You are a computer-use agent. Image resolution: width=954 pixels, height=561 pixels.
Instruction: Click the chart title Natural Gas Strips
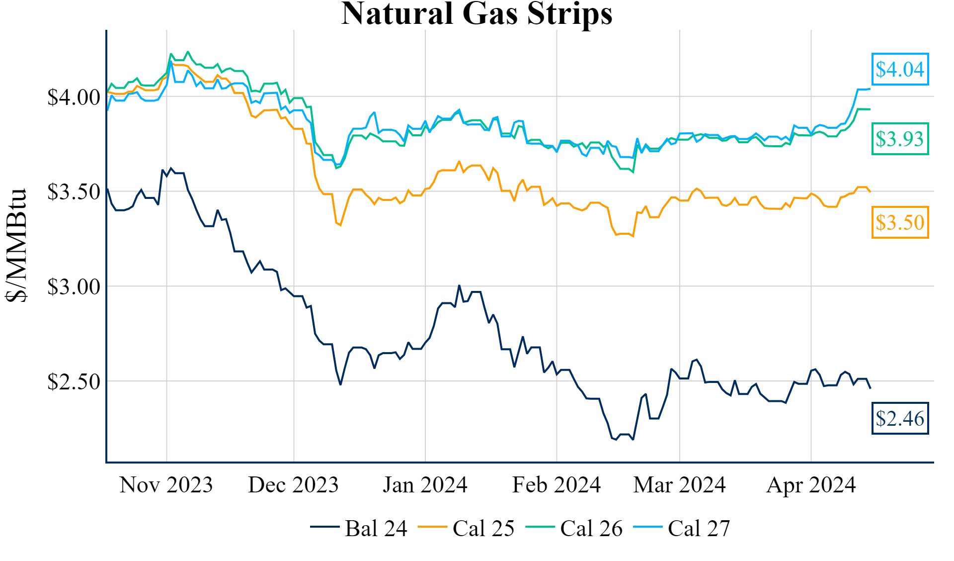coord(477,14)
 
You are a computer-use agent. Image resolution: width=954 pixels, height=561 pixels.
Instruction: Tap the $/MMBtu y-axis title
coord(16,246)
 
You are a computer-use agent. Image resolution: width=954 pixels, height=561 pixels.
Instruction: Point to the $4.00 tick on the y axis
coord(74,97)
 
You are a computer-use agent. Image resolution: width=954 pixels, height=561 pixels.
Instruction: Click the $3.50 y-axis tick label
coord(74,192)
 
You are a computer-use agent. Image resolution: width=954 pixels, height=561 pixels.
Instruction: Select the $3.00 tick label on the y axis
coord(74,287)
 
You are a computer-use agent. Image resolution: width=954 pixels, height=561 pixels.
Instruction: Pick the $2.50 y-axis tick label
coord(74,382)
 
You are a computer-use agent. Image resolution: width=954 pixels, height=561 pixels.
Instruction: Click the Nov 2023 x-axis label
coord(166,485)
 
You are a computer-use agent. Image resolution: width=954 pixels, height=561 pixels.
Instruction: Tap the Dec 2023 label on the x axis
coord(293,485)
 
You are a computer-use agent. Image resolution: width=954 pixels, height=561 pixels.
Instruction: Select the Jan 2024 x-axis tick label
coord(425,485)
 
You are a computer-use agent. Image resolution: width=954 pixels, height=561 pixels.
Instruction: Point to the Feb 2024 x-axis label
coord(556,485)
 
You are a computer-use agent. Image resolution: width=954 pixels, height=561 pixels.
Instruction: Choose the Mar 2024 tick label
coord(679,485)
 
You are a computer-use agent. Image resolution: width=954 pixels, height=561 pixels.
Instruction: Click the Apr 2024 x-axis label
coord(811,485)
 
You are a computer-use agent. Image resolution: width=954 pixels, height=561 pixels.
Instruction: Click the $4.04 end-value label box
coord(900,70)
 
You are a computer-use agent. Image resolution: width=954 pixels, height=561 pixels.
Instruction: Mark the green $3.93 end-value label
coord(900,139)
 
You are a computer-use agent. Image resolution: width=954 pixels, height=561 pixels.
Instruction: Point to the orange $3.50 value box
coord(900,223)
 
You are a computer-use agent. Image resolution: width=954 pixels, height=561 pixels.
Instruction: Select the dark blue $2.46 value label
coord(900,419)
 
